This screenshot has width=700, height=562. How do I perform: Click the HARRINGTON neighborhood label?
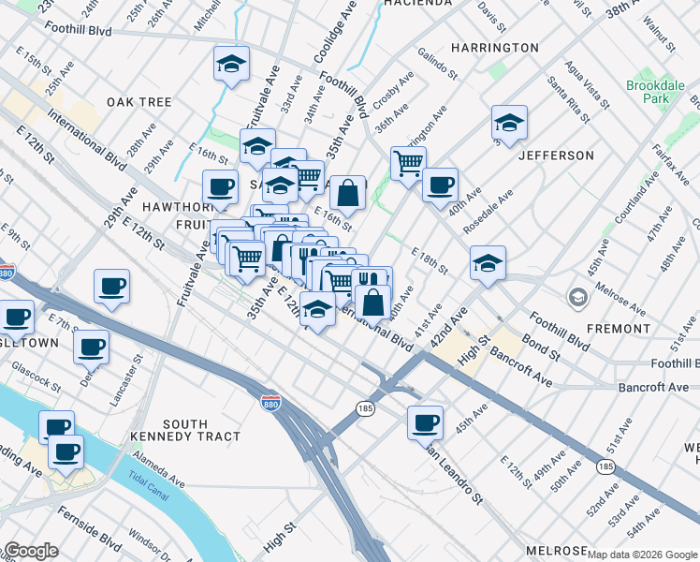click(494, 48)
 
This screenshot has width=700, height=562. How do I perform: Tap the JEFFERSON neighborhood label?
click(556, 155)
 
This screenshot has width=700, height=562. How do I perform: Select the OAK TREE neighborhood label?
click(139, 101)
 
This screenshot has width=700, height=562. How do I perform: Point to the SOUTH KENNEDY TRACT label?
click(200, 430)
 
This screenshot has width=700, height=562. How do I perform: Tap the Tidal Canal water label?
click(146, 475)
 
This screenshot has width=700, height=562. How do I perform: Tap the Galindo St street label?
click(437, 63)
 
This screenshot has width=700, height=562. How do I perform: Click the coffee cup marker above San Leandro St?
click(425, 421)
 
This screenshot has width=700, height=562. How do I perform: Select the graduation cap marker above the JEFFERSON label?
click(509, 122)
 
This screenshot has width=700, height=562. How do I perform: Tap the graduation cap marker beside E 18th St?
click(488, 263)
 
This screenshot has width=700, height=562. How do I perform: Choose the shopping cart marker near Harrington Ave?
click(408, 163)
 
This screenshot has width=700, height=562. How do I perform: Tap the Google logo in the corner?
click(30, 551)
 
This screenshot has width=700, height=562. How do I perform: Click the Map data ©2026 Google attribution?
click(642, 555)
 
